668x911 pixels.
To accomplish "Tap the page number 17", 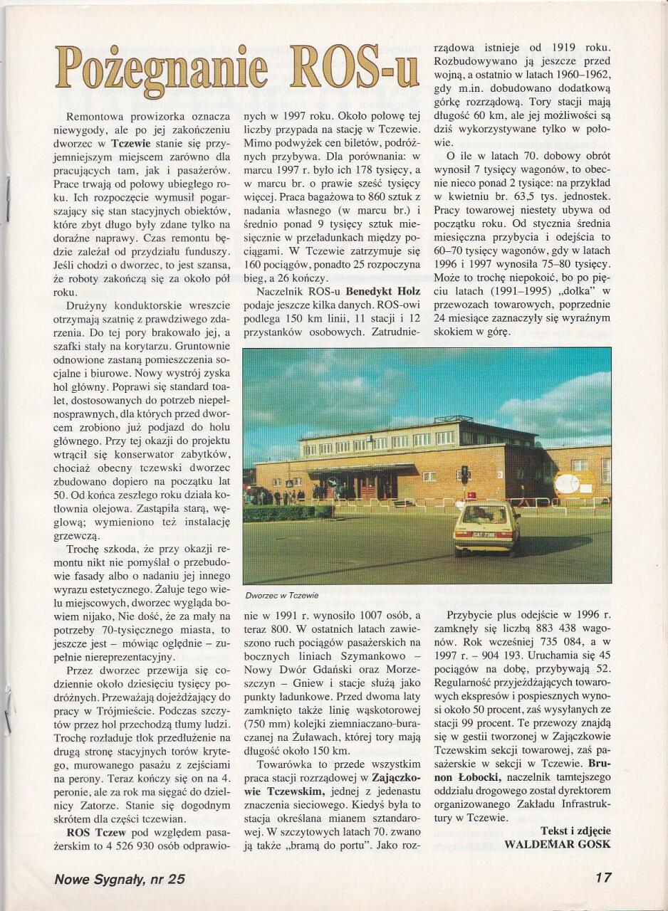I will pos(602,878).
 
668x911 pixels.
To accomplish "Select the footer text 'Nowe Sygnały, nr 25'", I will pos(120,879).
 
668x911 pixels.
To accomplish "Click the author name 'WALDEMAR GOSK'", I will pos(558,844).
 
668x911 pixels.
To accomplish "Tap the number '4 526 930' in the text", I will pos(122,848).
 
